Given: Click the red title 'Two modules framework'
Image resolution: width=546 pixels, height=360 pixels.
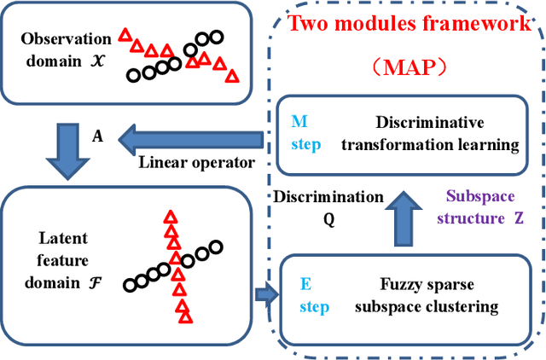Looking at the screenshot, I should pos(409,22).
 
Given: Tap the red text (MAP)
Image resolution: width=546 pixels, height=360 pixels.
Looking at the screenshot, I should pos(409,66).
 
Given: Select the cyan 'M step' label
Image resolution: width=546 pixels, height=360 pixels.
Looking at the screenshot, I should pos(306,133).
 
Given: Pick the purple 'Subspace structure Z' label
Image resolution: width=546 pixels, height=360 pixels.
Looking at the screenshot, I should pos(482,206).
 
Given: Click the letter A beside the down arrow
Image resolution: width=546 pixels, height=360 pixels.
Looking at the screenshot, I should pos(98,136).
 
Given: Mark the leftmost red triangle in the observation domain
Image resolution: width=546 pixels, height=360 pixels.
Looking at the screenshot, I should pos(125,35).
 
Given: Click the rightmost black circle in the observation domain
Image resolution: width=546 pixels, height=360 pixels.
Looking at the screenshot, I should pos(216,37).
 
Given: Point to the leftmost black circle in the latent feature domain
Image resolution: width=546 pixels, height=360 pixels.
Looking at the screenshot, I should pos(129,285).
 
